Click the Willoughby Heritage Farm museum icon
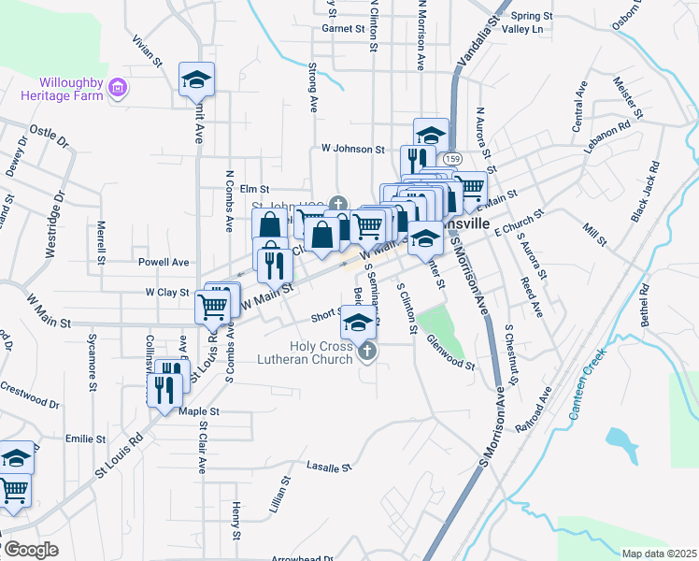pos(118,89)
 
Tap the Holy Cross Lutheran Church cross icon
pos(367,352)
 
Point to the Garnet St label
pos(343,29)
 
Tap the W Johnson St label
pos(352,149)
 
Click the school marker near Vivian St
pos(196,79)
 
